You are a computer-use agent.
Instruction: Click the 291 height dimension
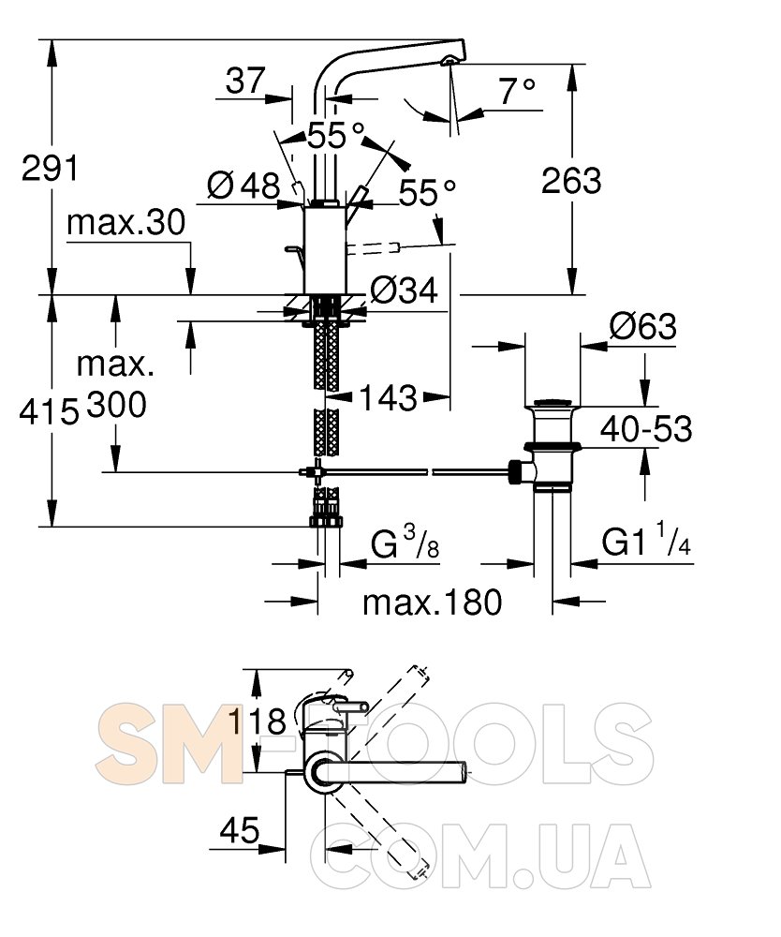tap(51, 168)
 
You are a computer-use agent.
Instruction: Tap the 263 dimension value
tap(571, 181)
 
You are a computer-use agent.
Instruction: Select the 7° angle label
tap(517, 91)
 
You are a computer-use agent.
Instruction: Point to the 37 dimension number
tap(244, 81)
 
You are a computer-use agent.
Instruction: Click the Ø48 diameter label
tap(243, 186)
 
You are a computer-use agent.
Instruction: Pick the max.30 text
tap(126, 222)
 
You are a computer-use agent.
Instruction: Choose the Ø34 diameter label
tap(405, 290)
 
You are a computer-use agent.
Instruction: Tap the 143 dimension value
tap(388, 397)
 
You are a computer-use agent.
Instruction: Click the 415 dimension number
tap(49, 411)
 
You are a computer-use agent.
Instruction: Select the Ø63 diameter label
tap(643, 326)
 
